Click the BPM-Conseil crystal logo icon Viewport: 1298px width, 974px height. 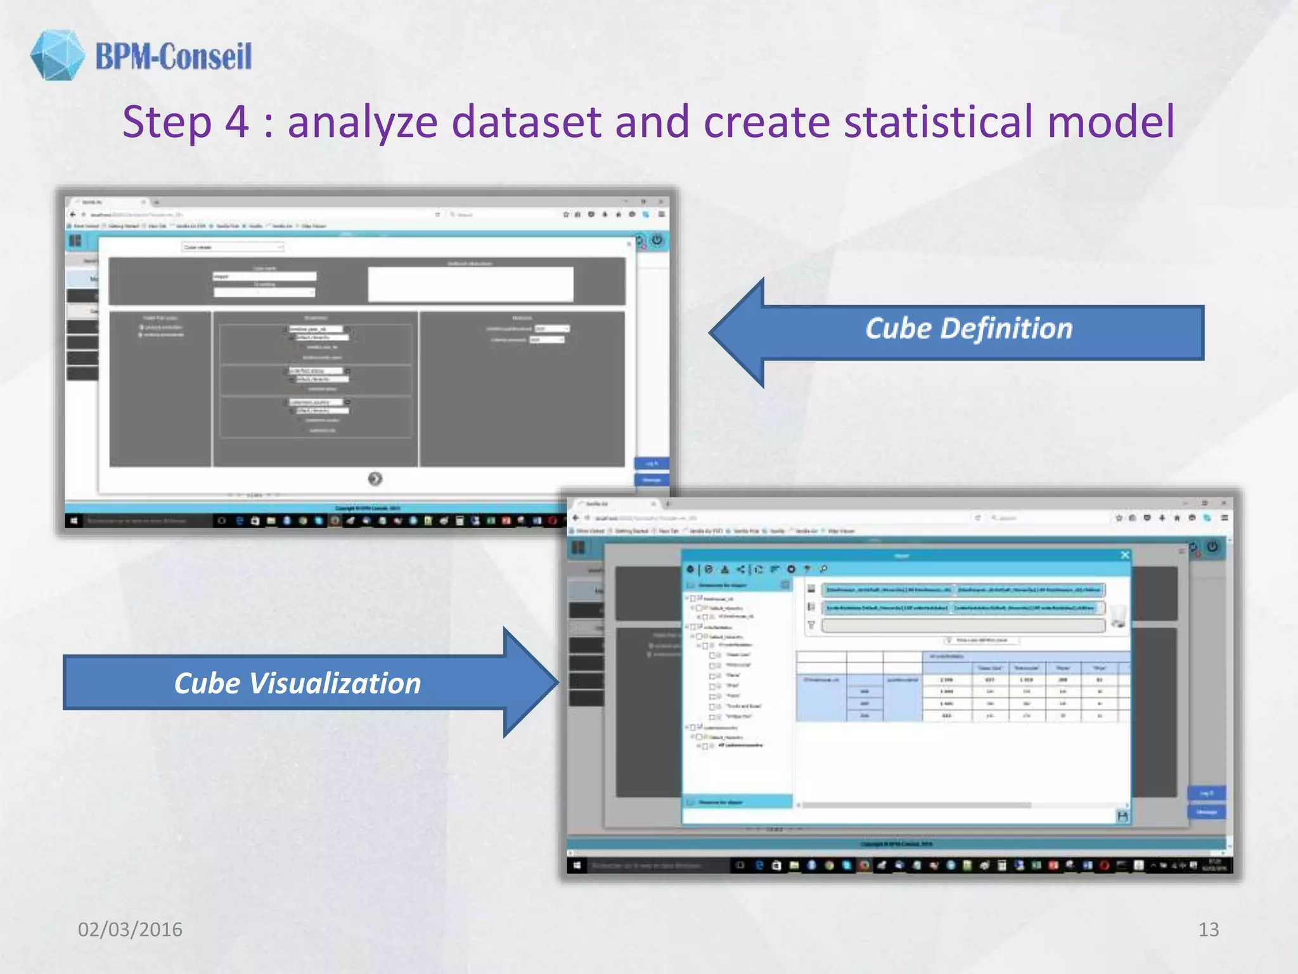57,55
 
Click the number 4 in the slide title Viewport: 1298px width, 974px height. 236,122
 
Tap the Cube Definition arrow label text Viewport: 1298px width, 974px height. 968,328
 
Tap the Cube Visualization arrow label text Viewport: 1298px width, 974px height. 297,684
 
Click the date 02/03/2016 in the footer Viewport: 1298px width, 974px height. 130,929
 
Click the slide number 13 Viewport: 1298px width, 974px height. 1208,929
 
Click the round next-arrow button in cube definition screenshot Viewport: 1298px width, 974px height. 375,479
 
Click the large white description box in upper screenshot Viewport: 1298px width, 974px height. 470,284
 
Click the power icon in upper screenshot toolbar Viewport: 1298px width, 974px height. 657,240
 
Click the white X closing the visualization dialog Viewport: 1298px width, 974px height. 1124,555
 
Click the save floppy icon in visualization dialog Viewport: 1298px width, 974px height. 1122,816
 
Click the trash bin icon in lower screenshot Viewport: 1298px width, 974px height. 1119,615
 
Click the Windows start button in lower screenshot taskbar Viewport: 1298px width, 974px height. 577,865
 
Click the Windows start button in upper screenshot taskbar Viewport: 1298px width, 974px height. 74,521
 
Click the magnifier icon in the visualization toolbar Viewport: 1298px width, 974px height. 823,569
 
